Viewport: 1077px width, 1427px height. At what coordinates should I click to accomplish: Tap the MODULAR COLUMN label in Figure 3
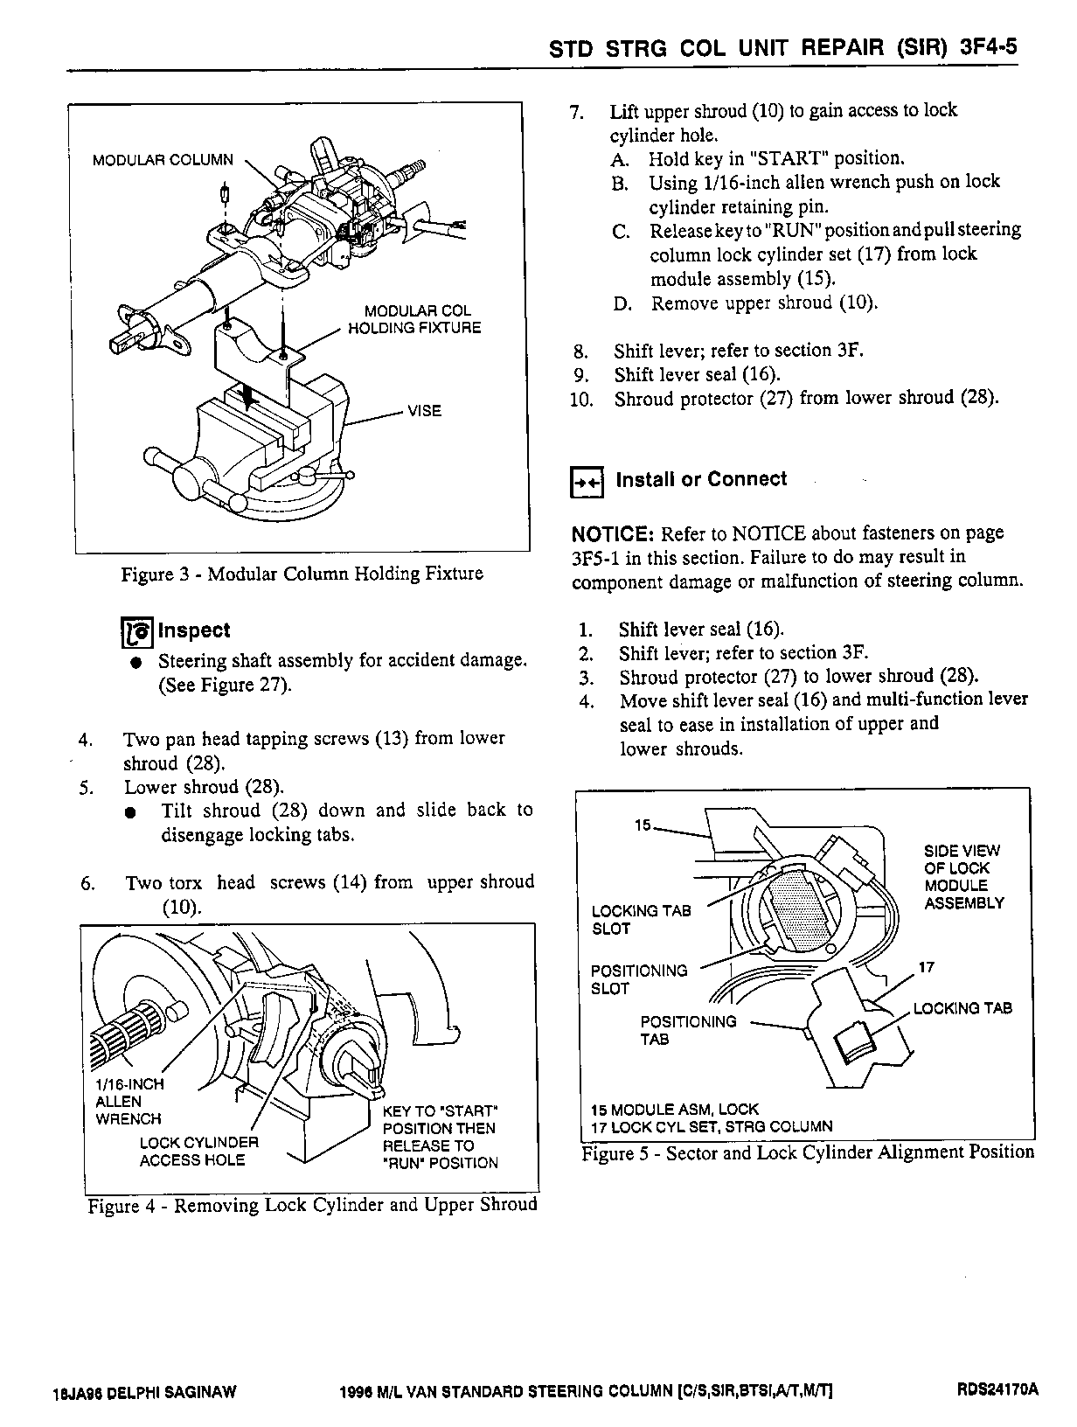tap(163, 160)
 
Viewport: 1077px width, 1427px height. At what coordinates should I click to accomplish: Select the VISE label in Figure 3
tap(424, 411)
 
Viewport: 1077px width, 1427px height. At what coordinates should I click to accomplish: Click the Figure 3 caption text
tap(302, 574)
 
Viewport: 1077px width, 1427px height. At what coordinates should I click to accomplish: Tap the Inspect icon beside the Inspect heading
tap(136, 631)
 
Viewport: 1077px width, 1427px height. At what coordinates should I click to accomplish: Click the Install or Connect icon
tap(587, 481)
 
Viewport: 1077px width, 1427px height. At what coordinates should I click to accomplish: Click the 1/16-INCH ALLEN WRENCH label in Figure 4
tap(129, 1101)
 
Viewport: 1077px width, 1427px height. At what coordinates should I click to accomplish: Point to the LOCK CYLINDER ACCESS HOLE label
tap(198, 1152)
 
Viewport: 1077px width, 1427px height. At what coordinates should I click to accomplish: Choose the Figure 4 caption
tap(312, 1206)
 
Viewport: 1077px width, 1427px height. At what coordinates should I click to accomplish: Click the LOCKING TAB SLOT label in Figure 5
tap(641, 920)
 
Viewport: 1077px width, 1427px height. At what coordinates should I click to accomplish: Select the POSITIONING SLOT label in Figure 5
tap(638, 979)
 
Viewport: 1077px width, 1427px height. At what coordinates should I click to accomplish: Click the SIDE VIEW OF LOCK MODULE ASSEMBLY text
tap(963, 877)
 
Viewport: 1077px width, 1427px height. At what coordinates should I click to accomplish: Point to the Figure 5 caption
tap(808, 1153)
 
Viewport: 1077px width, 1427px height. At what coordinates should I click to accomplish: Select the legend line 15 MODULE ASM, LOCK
tap(675, 1109)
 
